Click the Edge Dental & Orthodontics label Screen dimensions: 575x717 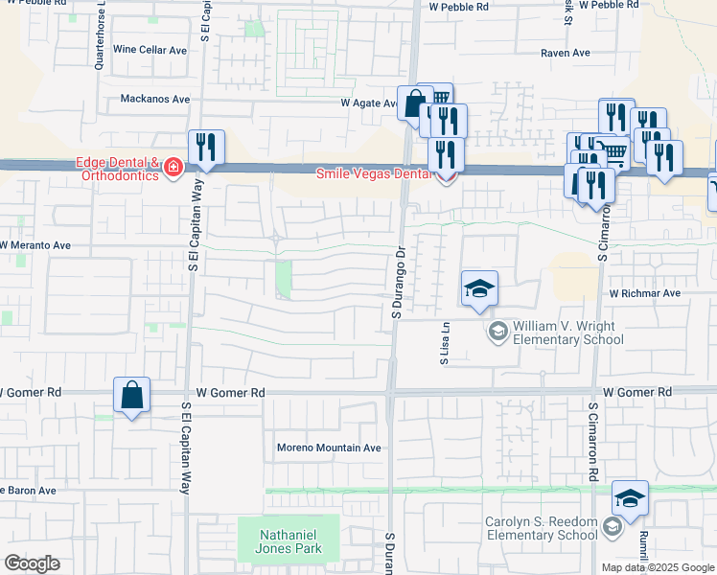click(x=116, y=169)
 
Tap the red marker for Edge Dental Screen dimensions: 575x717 click(x=173, y=170)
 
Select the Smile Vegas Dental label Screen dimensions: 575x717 click(x=379, y=173)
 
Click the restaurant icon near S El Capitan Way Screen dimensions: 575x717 click(x=206, y=147)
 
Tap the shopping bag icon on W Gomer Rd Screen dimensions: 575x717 click(x=131, y=394)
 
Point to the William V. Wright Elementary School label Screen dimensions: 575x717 click(x=568, y=333)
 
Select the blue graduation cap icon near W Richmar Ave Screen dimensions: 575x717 click(x=479, y=288)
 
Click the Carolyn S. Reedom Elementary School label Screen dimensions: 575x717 click(x=542, y=528)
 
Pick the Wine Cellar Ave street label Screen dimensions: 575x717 click(x=150, y=50)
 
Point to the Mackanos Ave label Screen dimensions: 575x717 click(x=155, y=99)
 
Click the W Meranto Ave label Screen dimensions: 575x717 click(x=35, y=245)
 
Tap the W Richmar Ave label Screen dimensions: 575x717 click(x=644, y=293)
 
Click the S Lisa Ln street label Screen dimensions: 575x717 click(x=445, y=344)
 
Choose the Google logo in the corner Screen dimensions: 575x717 click(x=32, y=563)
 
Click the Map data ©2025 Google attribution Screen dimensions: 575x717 click(x=657, y=567)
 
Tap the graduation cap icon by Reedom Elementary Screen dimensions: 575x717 click(x=630, y=497)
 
